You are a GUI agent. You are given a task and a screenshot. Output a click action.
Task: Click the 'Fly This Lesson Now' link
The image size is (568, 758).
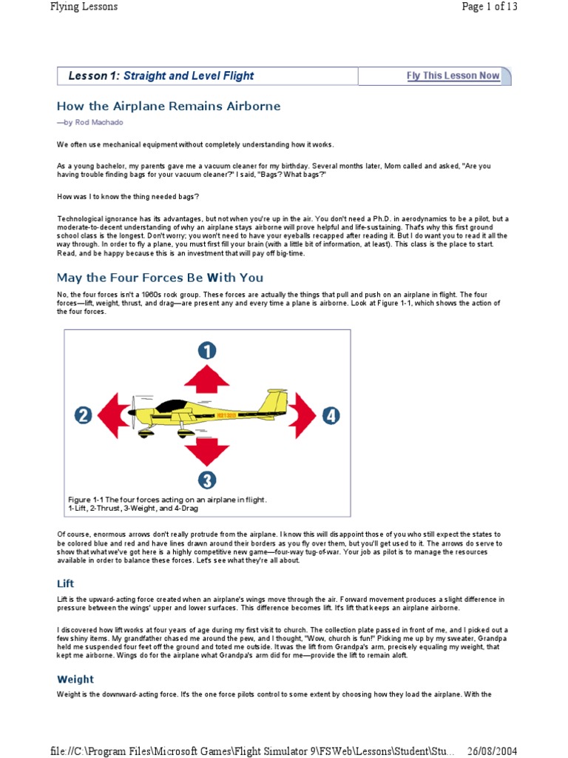click(x=453, y=76)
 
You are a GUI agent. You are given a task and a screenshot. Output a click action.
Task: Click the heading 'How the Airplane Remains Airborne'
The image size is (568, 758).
click(x=169, y=106)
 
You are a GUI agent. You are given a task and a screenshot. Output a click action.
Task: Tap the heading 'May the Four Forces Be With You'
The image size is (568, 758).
click(x=160, y=278)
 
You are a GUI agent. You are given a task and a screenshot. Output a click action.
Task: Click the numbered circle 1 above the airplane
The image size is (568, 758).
click(x=207, y=351)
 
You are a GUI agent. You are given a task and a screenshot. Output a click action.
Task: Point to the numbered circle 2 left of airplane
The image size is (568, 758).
click(x=83, y=416)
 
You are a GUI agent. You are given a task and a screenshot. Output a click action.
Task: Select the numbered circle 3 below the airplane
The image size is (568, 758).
click(x=207, y=480)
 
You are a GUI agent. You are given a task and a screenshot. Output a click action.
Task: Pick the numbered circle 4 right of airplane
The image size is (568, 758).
click(x=331, y=416)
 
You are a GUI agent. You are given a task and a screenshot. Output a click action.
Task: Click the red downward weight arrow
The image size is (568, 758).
click(x=207, y=452)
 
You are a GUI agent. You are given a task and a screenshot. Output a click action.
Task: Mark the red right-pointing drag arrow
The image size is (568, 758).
click(x=303, y=415)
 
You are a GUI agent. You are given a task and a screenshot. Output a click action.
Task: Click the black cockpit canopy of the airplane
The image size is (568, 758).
click(x=175, y=406)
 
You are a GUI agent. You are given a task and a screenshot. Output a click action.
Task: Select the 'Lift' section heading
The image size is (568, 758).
click(x=66, y=583)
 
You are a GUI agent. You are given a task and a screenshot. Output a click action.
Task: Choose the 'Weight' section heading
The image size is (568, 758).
click(x=75, y=679)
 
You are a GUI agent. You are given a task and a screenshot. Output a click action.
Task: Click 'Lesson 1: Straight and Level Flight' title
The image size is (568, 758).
click(x=160, y=76)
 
